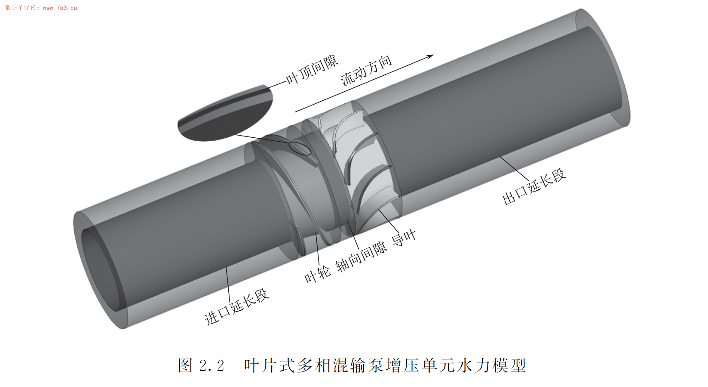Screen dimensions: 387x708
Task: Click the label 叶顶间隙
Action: pyautogui.click(x=312, y=70)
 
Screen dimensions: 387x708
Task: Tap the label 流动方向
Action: pyautogui.click(x=366, y=71)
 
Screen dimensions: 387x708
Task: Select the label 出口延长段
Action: pyautogui.click(x=534, y=187)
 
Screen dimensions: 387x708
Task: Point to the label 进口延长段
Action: pyautogui.click(x=236, y=307)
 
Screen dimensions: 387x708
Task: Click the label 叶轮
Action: pyautogui.click(x=317, y=274)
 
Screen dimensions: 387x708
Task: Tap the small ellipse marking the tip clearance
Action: pyautogui.click(x=300, y=148)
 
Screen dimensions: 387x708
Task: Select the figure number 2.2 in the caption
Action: pyautogui.click(x=212, y=366)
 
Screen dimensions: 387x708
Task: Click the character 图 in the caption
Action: pyautogui.click(x=185, y=366)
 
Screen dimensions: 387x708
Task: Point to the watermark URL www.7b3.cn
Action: pyautogui.click(x=60, y=8)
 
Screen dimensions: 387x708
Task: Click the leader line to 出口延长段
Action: pyautogui.click(x=514, y=169)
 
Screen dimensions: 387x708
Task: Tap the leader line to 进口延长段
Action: pyautogui.click(x=228, y=284)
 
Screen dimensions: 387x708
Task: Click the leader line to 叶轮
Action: pyautogui.click(x=317, y=250)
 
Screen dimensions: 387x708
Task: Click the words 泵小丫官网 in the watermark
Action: pyautogui.click(x=20, y=8)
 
